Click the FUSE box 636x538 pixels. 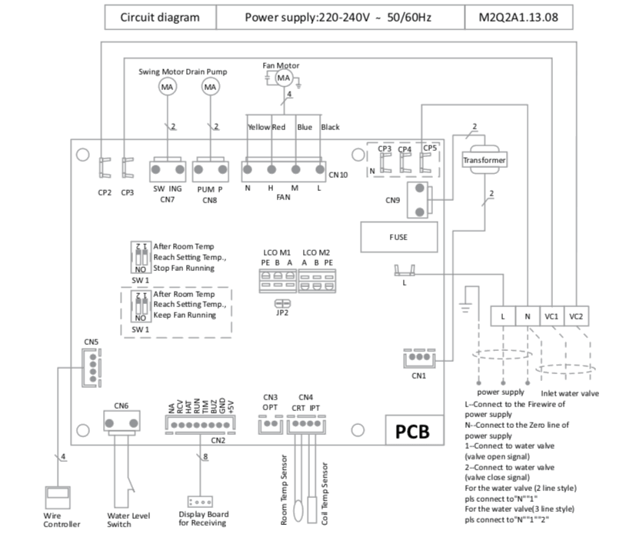pos(399,237)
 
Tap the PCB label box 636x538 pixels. pos(418,431)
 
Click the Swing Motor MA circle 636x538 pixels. pos(167,88)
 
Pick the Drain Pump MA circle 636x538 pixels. pos(210,88)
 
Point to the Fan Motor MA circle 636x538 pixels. pos(283,79)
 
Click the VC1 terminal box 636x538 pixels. pos(551,316)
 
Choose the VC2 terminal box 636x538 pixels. pos(576,316)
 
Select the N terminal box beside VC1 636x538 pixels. pos(527,316)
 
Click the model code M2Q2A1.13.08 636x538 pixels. pos(519,17)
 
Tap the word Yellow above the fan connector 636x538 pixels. pos(258,127)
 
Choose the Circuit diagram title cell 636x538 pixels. pos(160,17)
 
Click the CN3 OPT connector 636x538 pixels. pos(269,424)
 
